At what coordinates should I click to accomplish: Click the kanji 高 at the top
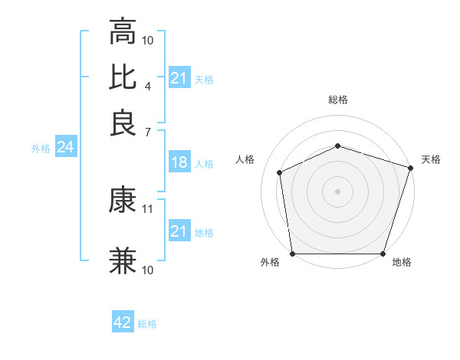pyautogui.click(x=123, y=32)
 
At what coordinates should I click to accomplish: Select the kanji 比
pyautogui.click(x=123, y=77)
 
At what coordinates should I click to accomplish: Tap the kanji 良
pyautogui.click(x=123, y=123)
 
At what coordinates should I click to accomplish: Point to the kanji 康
pyautogui.click(x=123, y=201)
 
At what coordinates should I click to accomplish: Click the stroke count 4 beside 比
pyautogui.click(x=148, y=86)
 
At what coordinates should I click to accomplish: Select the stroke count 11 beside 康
pyautogui.click(x=149, y=208)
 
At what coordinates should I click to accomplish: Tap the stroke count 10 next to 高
pyautogui.click(x=149, y=40)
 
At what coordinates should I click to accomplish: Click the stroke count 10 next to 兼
pyautogui.click(x=149, y=270)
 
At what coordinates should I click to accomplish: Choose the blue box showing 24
pyautogui.click(x=65, y=147)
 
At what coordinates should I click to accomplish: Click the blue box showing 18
pyautogui.click(x=179, y=162)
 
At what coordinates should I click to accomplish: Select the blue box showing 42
pyautogui.click(x=123, y=322)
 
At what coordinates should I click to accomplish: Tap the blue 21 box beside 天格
pyautogui.click(x=179, y=78)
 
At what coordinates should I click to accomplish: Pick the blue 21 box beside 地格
pyautogui.click(x=179, y=231)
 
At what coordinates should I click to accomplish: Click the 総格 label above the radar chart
pyautogui.click(x=338, y=100)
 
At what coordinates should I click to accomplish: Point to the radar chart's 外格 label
pyautogui.click(x=270, y=263)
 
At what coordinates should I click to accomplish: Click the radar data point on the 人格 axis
pyautogui.click(x=280, y=173)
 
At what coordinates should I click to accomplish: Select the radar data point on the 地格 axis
pyautogui.click(x=383, y=254)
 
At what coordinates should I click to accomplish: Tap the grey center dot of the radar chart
pyautogui.click(x=338, y=191)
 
